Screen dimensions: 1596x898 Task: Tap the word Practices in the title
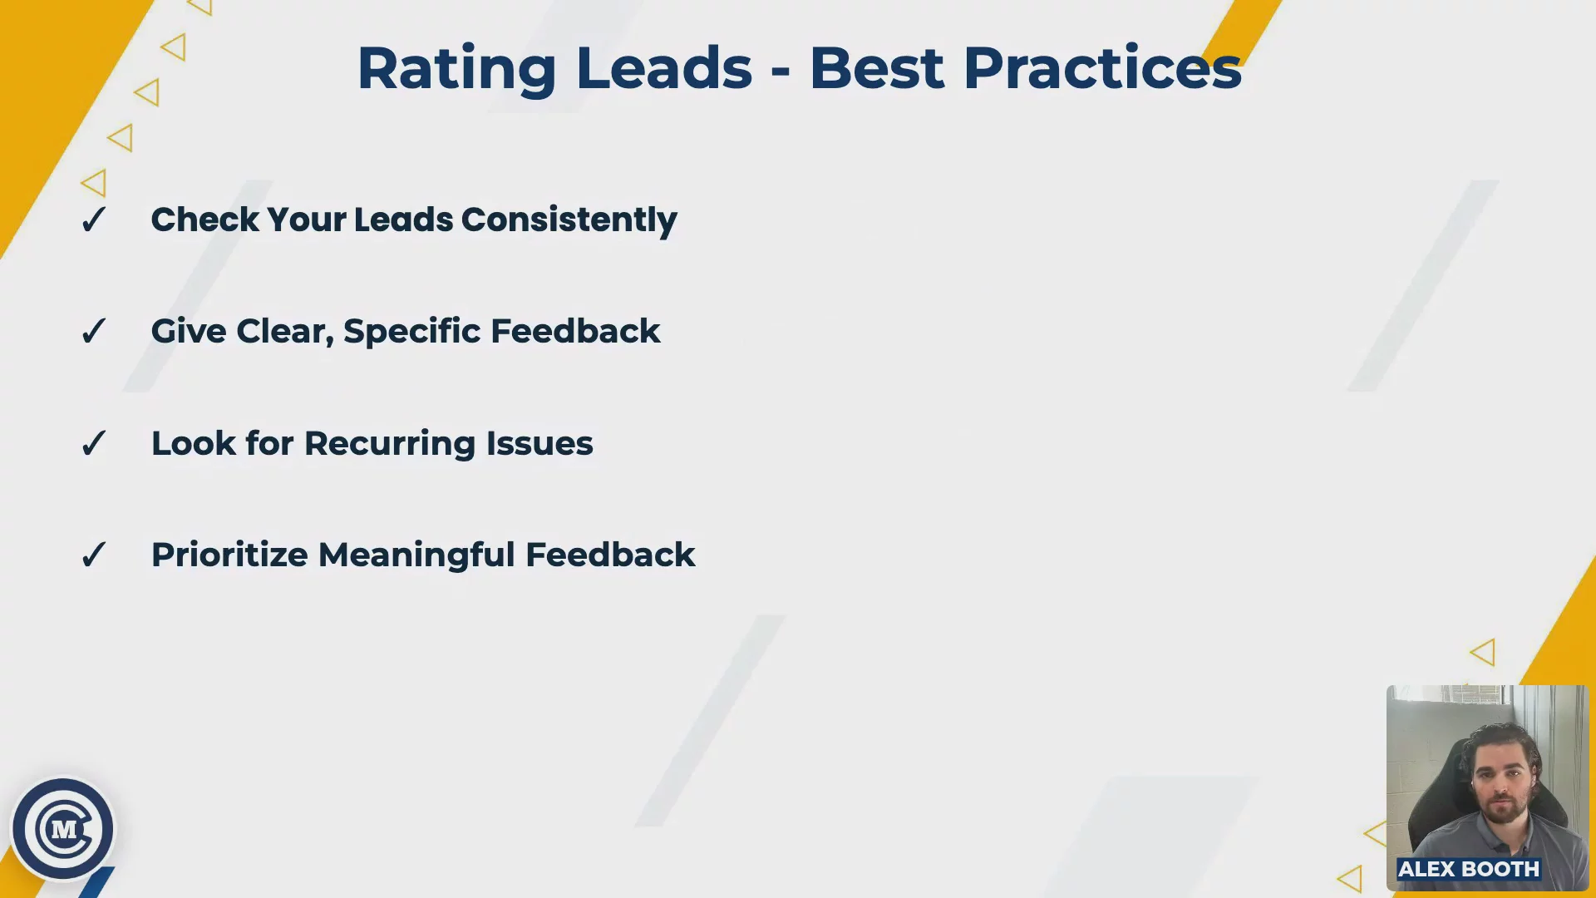(x=1102, y=67)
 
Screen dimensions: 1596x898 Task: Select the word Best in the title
(x=877, y=67)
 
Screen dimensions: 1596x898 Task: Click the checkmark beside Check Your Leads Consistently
(x=94, y=220)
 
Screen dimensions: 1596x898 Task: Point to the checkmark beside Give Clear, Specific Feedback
(x=94, y=331)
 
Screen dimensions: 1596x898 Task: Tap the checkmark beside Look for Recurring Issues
(x=94, y=443)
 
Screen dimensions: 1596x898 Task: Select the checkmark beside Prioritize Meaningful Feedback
(x=94, y=555)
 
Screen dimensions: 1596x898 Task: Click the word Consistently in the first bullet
(x=569, y=221)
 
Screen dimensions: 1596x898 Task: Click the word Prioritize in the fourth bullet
(x=229, y=555)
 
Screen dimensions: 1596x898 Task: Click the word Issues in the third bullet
(x=539, y=443)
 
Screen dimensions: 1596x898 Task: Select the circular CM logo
(x=63, y=829)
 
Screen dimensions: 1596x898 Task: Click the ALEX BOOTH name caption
(x=1469, y=869)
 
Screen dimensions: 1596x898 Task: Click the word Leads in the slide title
(x=663, y=67)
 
